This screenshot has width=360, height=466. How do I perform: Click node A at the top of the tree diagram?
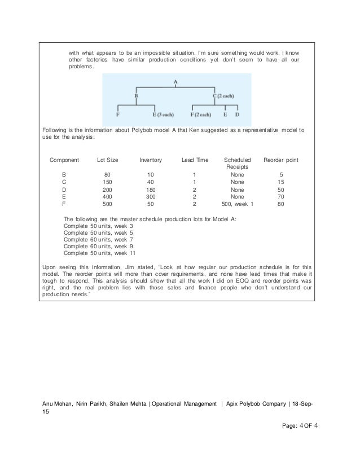tap(176, 81)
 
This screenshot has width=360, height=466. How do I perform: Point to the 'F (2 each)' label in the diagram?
tap(200, 115)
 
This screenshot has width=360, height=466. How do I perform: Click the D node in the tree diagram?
tap(237, 115)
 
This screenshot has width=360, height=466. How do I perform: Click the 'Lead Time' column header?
tap(194, 160)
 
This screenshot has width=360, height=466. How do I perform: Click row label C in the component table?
tap(64, 182)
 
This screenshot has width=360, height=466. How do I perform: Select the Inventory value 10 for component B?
tap(150, 174)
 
